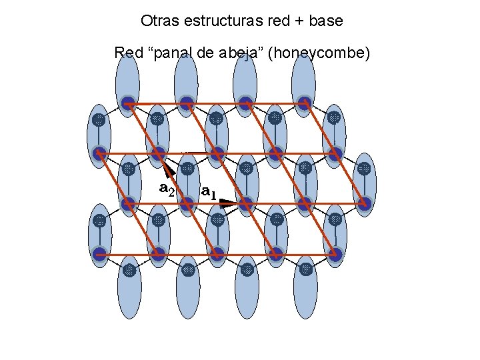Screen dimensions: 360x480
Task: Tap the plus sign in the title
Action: [x=294, y=21]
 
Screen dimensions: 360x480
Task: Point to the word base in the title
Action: [x=325, y=21]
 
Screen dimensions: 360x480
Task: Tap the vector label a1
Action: [x=209, y=193]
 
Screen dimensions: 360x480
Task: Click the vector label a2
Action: [x=167, y=189]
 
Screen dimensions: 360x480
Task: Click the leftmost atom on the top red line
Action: [x=128, y=103]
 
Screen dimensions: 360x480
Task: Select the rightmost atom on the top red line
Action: [x=304, y=103]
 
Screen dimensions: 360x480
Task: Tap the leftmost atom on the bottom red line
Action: [x=99, y=254]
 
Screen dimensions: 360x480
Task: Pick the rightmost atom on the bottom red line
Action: [x=334, y=254]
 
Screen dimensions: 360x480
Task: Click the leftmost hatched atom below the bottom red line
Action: [x=129, y=270]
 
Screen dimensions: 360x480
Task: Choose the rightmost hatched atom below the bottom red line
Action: [x=305, y=270]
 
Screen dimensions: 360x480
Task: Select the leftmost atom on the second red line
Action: [x=99, y=153]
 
